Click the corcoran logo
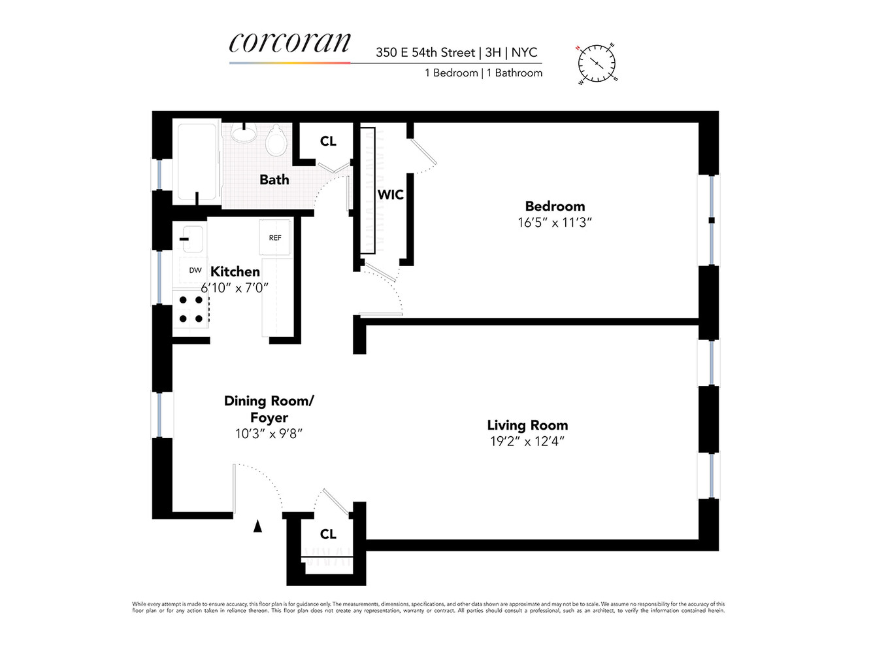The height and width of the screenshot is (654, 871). click(x=289, y=43)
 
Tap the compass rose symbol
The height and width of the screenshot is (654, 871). click(x=597, y=63)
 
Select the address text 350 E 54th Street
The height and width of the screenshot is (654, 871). click(x=425, y=52)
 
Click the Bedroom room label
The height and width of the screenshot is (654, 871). click(x=555, y=206)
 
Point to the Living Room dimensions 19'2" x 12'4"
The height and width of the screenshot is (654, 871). click(x=527, y=441)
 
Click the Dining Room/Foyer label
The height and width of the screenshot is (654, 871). click(x=269, y=409)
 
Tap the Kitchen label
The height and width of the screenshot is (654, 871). click(x=235, y=271)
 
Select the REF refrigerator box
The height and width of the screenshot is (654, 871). click(x=275, y=238)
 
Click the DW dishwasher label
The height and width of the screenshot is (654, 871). click(x=195, y=270)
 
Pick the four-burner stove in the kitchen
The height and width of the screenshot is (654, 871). click(x=191, y=309)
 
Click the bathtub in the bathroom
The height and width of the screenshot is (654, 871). click(x=197, y=162)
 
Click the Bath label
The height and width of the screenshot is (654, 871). click(x=274, y=179)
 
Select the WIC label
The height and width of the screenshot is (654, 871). click(x=390, y=194)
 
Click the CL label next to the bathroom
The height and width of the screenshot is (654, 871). click(x=328, y=141)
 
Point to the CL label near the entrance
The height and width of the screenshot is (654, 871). click(x=328, y=534)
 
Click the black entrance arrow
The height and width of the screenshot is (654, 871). click(x=258, y=525)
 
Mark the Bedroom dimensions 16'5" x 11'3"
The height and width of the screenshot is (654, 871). click(x=555, y=222)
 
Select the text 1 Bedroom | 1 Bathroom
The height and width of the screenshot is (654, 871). click(x=484, y=73)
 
